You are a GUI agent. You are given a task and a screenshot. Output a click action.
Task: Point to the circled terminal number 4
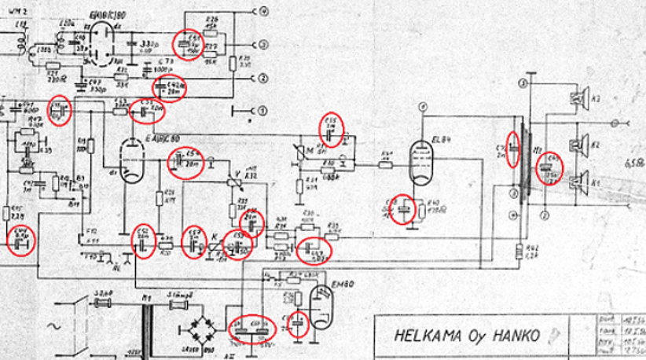263,11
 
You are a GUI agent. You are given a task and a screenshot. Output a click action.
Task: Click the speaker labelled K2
579,144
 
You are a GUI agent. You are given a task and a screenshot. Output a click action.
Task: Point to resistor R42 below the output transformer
519,251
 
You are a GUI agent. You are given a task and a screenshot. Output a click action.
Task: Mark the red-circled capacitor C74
512,149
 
